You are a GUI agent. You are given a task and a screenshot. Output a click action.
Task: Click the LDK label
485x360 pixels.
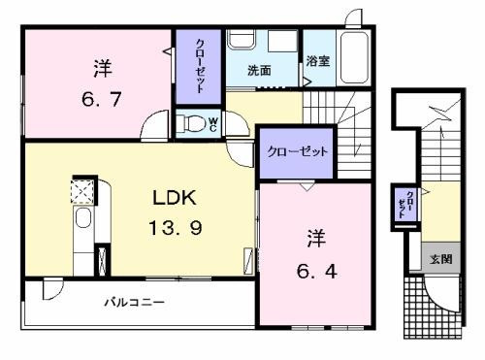click(x=175, y=198)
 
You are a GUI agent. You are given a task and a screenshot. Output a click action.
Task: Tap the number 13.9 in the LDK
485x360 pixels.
click(x=176, y=227)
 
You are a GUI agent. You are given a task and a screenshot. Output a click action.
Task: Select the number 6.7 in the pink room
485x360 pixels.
click(x=102, y=99)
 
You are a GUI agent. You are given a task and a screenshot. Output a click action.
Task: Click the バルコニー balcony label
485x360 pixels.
click(x=134, y=303)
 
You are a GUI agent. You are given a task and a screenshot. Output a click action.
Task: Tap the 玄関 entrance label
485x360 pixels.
click(x=440, y=259)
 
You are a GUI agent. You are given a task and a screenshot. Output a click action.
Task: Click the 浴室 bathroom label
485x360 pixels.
click(x=318, y=61)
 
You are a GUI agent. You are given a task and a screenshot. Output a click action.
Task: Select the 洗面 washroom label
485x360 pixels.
click(x=259, y=71)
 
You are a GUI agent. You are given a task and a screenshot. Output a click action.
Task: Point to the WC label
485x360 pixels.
click(x=212, y=124)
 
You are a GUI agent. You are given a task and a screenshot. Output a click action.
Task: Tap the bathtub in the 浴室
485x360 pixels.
click(x=354, y=58)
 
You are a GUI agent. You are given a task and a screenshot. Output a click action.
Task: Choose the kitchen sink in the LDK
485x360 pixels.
click(x=83, y=218)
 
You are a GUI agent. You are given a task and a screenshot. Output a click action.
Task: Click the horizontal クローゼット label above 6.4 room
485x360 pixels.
click(x=297, y=151)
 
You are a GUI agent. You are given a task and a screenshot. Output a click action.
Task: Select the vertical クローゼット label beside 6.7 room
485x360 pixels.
click(x=200, y=66)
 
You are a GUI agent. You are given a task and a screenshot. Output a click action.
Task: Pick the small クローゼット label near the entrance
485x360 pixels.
click(x=406, y=205)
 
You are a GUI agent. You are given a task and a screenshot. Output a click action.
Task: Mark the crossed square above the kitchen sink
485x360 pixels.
click(x=82, y=192)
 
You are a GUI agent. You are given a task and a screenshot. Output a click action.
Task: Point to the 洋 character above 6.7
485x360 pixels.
click(x=103, y=68)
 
